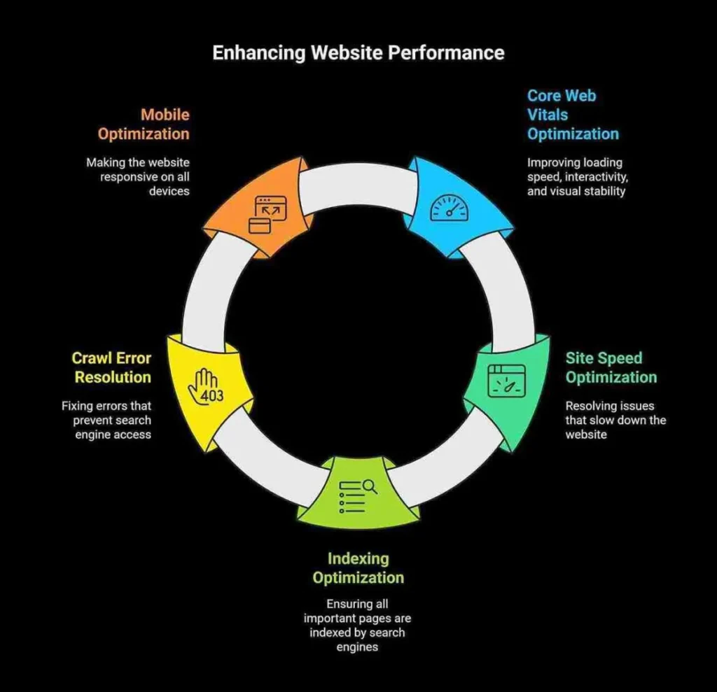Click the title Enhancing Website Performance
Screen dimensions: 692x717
pyautogui.click(x=358, y=53)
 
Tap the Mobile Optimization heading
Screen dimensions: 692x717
pyautogui.click(x=144, y=124)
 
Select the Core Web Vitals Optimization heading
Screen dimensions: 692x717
pyautogui.click(x=572, y=115)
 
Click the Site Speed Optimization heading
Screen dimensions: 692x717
pyautogui.click(x=611, y=368)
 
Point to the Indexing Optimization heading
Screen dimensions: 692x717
pyautogui.click(x=358, y=568)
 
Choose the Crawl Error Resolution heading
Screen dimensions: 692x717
pyautogui.click(x=112, y=368)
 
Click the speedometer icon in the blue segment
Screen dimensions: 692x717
pyautogui.click(x=448, y=209)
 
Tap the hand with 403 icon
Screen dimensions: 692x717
pyautogui.click(x=208, y=386)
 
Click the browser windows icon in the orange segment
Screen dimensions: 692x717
pyautogui.click(x=268, y=214)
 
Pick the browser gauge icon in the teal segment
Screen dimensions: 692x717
pyautogui.click(x=506, y=381)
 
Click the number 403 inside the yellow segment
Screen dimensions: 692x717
pyautogui.click(x=211, y=396)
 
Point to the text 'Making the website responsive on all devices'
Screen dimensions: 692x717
pyautogui.click(x=138, y=176)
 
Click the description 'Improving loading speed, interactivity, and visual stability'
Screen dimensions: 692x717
pyautogui.click(x=576, y=176)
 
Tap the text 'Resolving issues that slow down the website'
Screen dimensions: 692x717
pyautogui.click(x=615, y=420)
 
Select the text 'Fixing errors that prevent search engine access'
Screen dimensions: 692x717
pyautogui.click(x=106, y=420)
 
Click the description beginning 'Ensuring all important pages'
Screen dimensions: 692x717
pyautogui.click(x=357, y=625)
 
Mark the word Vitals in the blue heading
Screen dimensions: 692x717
pyautogui.click(x=548, y=115)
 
